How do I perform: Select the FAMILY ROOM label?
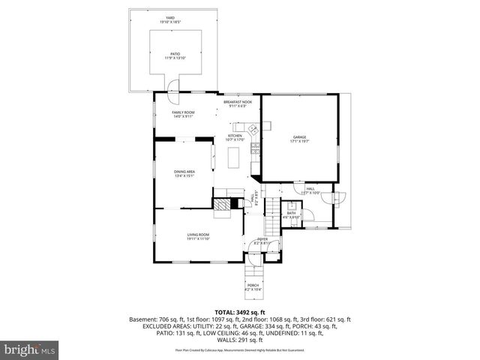tap(184, 112)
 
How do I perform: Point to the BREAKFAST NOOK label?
tap(237, 101)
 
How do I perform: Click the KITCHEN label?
tap(235, 136)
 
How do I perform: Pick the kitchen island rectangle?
tap(235, 157)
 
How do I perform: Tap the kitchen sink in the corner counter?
tap(254, 130)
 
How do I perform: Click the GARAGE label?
tap(299, 136)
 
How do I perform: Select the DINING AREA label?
tap(184, 172)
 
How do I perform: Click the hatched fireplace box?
tap(222, 203)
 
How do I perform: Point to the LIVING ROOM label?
tap(198, 235)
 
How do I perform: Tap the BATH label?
tap(291, 213)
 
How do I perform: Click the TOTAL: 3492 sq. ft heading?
tap(241, 310)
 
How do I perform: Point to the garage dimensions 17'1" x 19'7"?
tap(299, 140)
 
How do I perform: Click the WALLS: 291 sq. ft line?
tap(241, 340)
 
